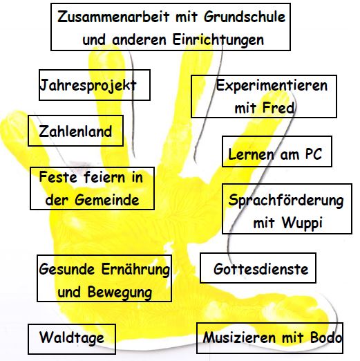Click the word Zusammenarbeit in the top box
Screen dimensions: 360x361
(x=113, y=17)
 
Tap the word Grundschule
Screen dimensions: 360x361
(x=245, y=17)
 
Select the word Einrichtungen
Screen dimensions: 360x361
(x=218, y=39)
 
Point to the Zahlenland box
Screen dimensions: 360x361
(x=75, y=131)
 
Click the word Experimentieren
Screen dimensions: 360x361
(x=272, y=86)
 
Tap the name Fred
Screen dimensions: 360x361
(x=278, y=108)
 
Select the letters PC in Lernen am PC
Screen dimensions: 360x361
(x=314, y=154)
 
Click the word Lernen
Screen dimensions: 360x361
(x=252, y=154)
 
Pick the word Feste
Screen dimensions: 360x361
(x=58, y=177)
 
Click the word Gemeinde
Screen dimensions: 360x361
(x=107, y=200)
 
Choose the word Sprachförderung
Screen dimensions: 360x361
(x=286, y=201)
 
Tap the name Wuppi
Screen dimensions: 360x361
(x=302, y=223)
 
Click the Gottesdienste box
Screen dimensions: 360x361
(x=258, y=268)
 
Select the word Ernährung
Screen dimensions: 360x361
(x=136, y=269)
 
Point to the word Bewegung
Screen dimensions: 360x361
(x=120, y=293)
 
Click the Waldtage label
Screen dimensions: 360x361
(x=72, y=339)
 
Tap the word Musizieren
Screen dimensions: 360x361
(x=239, y=337)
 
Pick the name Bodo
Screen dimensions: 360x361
(x=326, y=337)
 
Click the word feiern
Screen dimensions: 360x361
(x=104, y=177)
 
